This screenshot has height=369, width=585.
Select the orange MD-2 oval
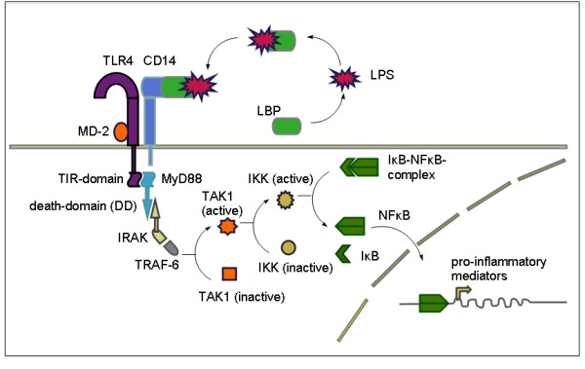(x=121, y=130)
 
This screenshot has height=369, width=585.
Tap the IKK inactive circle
(x=288, y=247)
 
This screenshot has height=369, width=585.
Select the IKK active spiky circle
(x=286, y=199)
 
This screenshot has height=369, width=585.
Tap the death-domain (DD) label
(x=83, y=205)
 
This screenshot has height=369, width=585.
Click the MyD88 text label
(x=188, y=180)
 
